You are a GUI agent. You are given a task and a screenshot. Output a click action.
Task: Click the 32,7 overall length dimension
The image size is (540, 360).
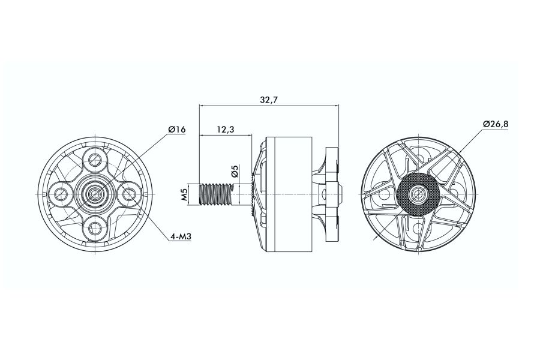click(268, 100)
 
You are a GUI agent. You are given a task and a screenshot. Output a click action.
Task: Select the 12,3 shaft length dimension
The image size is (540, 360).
click(226, 130)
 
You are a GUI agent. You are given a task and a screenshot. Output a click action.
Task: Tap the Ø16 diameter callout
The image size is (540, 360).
click(177, 130)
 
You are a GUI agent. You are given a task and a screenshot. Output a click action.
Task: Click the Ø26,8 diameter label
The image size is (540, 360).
click(496, 124)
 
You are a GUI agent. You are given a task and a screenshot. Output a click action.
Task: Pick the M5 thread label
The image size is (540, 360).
click(184, 194)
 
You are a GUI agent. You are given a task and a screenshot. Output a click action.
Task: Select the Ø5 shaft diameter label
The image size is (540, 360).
click(235, 171)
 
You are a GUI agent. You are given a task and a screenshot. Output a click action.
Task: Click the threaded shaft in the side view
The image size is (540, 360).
click(216, 194)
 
